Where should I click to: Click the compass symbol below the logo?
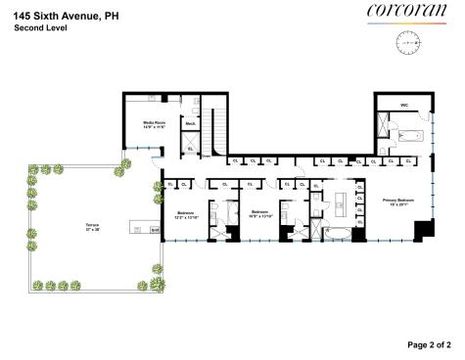[407, 43]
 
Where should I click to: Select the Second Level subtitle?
[41, 29]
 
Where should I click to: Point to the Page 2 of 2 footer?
[428, 344]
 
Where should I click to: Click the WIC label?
[402, 104]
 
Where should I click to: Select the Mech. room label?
[192, 124]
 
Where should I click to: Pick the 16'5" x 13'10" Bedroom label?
[259, 214]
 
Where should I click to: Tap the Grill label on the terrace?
[155, 230]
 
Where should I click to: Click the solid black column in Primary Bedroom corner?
[423, 232]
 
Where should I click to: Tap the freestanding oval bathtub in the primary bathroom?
[336, 234]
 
